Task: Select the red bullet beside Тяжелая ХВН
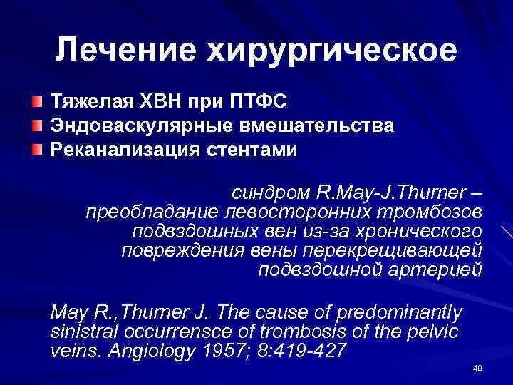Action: tap(37, 103)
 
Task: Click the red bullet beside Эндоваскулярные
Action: tap(37, 126)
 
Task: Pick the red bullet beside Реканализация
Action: tap(37, 150)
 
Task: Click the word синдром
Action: tap(269, 193)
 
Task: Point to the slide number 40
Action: tap(477, 368)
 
